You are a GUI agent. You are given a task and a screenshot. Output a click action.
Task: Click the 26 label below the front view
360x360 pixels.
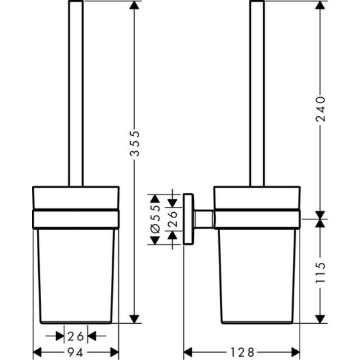pyautogui.click(x=76, y=336)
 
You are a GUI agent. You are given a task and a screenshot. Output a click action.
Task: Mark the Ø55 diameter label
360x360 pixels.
pyautogui.click(x=156, y=217)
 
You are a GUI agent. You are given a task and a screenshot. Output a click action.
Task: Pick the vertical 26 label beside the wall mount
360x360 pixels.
pyautogui.click(x=173, y=217)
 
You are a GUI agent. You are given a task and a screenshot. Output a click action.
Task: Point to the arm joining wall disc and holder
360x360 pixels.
pyautogui.click(x=205, y=218)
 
